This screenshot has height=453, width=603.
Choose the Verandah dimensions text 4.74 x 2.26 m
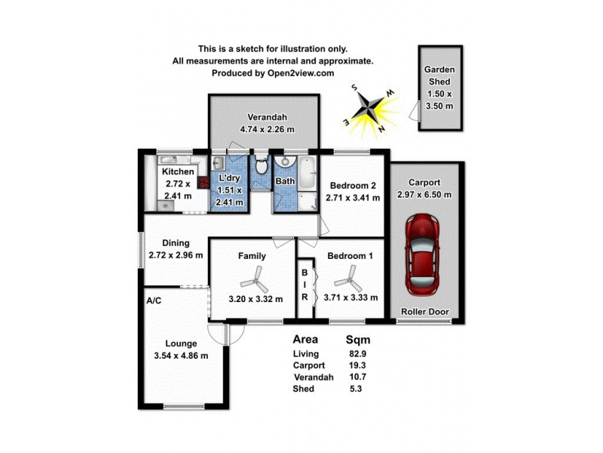pos(267,129)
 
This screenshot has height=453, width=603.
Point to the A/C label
pos(154,300)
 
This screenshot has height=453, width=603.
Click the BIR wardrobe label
pos(305,285)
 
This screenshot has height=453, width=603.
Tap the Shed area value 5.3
pos(354,389)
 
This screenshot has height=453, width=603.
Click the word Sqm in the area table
pos(357,340)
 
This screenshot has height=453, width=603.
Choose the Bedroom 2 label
pos(350,186)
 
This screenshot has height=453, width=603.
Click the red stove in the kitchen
pos(202,182)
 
